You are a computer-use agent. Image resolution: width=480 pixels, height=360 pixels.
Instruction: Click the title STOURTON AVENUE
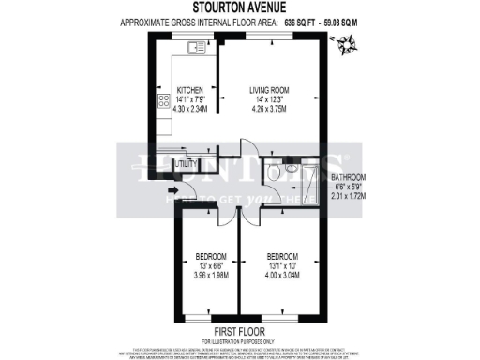pos(239,9)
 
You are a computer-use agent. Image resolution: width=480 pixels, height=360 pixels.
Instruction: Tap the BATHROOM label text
pos(348,177)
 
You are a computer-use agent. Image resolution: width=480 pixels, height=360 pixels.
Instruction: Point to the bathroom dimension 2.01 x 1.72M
pos(348,197)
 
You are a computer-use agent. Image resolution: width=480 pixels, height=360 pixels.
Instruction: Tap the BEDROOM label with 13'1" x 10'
pos(282,256)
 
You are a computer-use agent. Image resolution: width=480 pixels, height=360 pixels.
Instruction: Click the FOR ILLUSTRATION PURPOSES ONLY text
pos(239,339)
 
